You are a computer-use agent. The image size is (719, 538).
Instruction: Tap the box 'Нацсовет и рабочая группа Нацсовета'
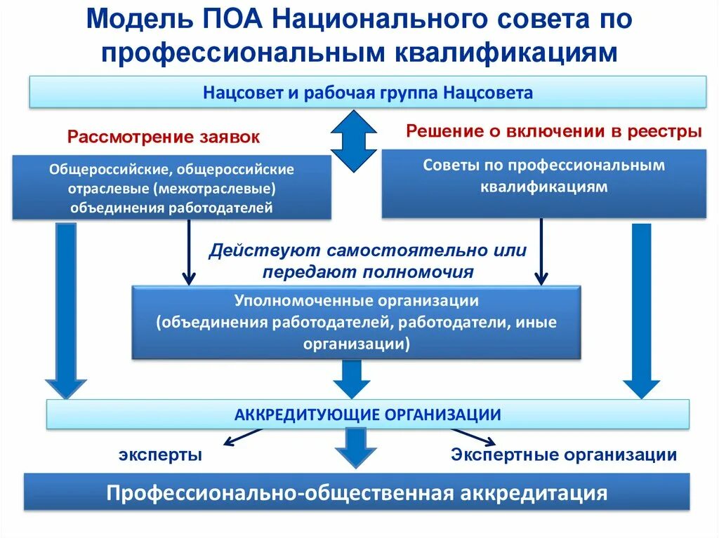click(368, 93)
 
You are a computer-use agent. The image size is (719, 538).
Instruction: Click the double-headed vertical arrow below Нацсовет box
click(355, 141)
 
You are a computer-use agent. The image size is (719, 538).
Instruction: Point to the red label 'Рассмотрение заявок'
click(163, 137)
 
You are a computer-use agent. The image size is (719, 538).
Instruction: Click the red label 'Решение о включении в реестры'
click(553, 131)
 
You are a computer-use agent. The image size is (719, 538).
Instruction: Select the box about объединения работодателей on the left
click(171, 188)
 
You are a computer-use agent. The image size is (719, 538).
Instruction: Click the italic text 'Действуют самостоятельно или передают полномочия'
click(367, 260)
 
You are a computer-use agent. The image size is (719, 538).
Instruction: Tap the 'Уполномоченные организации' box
click(356, 322)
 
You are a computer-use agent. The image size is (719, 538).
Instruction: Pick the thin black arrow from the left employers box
click(188, 253)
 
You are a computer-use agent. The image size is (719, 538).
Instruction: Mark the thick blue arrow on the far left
click(66, 309)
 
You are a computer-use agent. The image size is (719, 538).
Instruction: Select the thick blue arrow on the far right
click(641, 309)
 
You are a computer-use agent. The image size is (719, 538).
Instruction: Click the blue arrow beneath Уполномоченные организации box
click(351, 379)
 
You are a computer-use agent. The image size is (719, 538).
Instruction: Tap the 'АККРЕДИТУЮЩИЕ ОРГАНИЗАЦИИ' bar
click(368, 414)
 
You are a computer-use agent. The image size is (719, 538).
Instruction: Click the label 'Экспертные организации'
click(564, 455)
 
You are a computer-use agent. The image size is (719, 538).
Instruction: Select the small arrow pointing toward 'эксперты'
click(242, 438)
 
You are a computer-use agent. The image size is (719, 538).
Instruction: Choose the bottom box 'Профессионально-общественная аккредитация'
click(357, 492)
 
